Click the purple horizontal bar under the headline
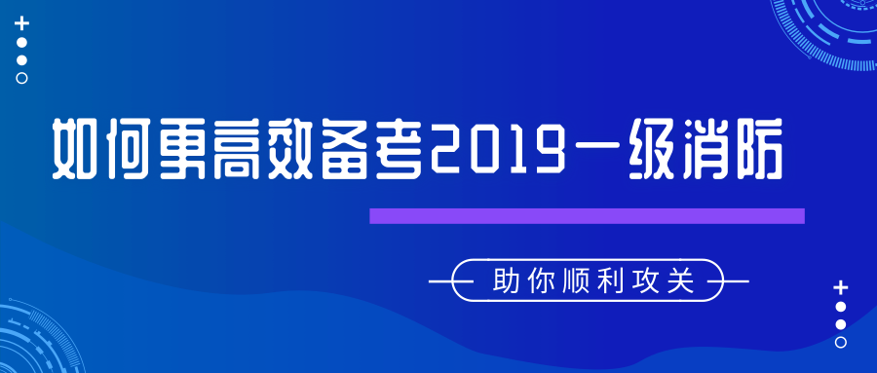(587, 216)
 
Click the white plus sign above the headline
(22, 22)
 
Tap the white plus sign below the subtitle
(841, 287)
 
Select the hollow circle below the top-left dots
(22, 78)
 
